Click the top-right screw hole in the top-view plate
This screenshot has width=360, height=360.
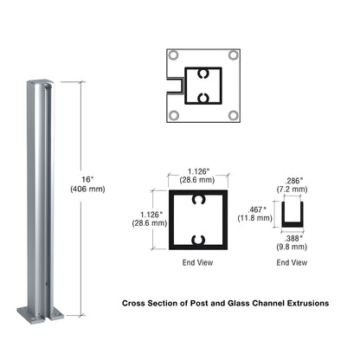[x=233, y=56]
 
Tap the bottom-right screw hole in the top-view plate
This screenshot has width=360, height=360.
[x=233, y=114]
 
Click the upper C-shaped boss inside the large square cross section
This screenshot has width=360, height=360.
[x=199, y=202]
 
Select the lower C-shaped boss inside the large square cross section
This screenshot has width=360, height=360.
[x=199, y=239]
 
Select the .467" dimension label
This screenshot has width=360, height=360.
[x=258, y=209]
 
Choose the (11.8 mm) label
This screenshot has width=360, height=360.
[x=258, y=219]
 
